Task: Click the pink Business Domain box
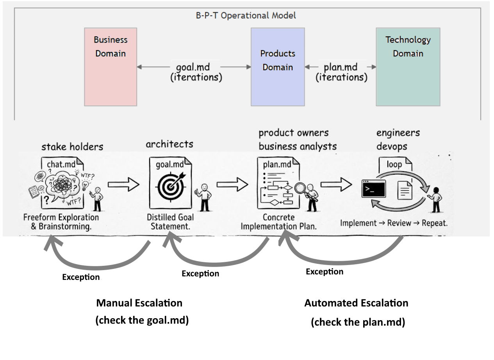111,67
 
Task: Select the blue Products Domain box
278,67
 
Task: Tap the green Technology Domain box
408,67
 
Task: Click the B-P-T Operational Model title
246,16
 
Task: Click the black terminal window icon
374,189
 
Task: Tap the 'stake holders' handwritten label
72,147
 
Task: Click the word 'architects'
169,144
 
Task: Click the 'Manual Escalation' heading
139,303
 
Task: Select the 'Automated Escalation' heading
357,303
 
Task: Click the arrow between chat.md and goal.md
123,184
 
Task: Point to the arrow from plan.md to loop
336,184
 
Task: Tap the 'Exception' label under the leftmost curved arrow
81,277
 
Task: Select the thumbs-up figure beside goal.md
204,197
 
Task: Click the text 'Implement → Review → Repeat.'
394,223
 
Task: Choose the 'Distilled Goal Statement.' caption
171,222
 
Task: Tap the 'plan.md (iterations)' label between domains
341,72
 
